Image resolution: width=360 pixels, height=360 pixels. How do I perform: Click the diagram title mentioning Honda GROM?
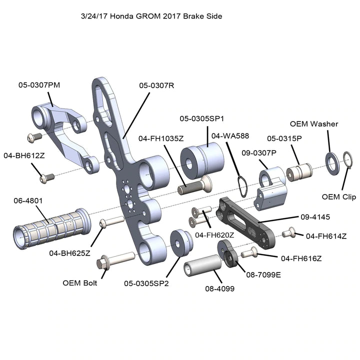[151, 16]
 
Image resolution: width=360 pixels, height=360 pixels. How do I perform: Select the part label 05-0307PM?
[39, 85]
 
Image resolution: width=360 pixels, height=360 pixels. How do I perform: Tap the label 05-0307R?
[156, 85]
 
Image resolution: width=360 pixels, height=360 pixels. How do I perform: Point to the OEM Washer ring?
[330, 159]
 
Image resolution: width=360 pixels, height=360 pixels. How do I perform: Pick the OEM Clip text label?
[338, 196]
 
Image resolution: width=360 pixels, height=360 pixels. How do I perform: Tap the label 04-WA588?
[230, 135]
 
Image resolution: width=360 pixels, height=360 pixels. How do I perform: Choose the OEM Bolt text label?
[80, 282]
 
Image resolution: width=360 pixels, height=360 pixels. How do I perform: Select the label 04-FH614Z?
[326, 235]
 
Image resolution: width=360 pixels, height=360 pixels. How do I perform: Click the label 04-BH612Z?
[24, 155]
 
